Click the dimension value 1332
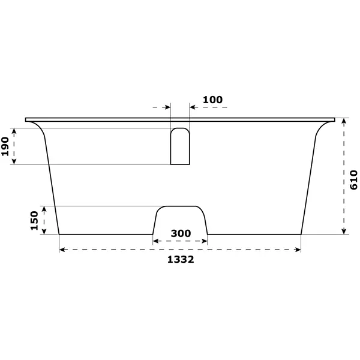(181, 259)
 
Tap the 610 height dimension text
(353, 180)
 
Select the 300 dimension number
(181, 233)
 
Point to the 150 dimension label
(34, 220)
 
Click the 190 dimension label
(5, 146)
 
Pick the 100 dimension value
(212, 100)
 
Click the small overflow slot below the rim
(180, 146)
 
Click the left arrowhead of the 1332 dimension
(62, 250)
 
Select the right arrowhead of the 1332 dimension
(298, 250)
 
